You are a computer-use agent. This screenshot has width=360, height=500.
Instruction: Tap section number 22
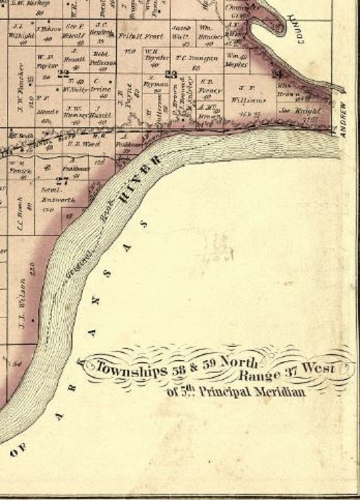tap(64, 73)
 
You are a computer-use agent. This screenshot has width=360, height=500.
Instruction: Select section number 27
tap(63, 181)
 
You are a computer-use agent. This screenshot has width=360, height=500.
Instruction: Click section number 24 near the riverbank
tap(277, 73)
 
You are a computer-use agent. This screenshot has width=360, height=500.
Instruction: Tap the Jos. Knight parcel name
tap(305, 110)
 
